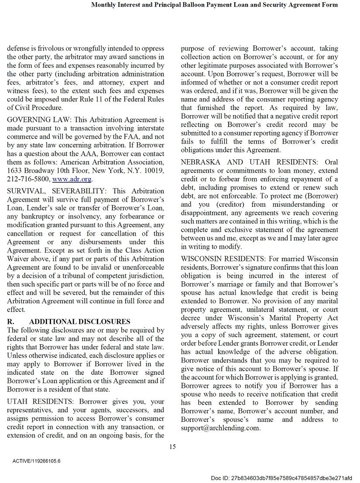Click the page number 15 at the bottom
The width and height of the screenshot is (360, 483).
click(x=172, y=446)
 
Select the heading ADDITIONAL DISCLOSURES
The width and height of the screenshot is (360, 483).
click(x=80, y=322)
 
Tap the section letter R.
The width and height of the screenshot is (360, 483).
click(x=11, y=322)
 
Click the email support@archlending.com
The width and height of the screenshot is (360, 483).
click(x=220, y=428)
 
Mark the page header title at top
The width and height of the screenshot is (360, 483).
click(x=214, y=5)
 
